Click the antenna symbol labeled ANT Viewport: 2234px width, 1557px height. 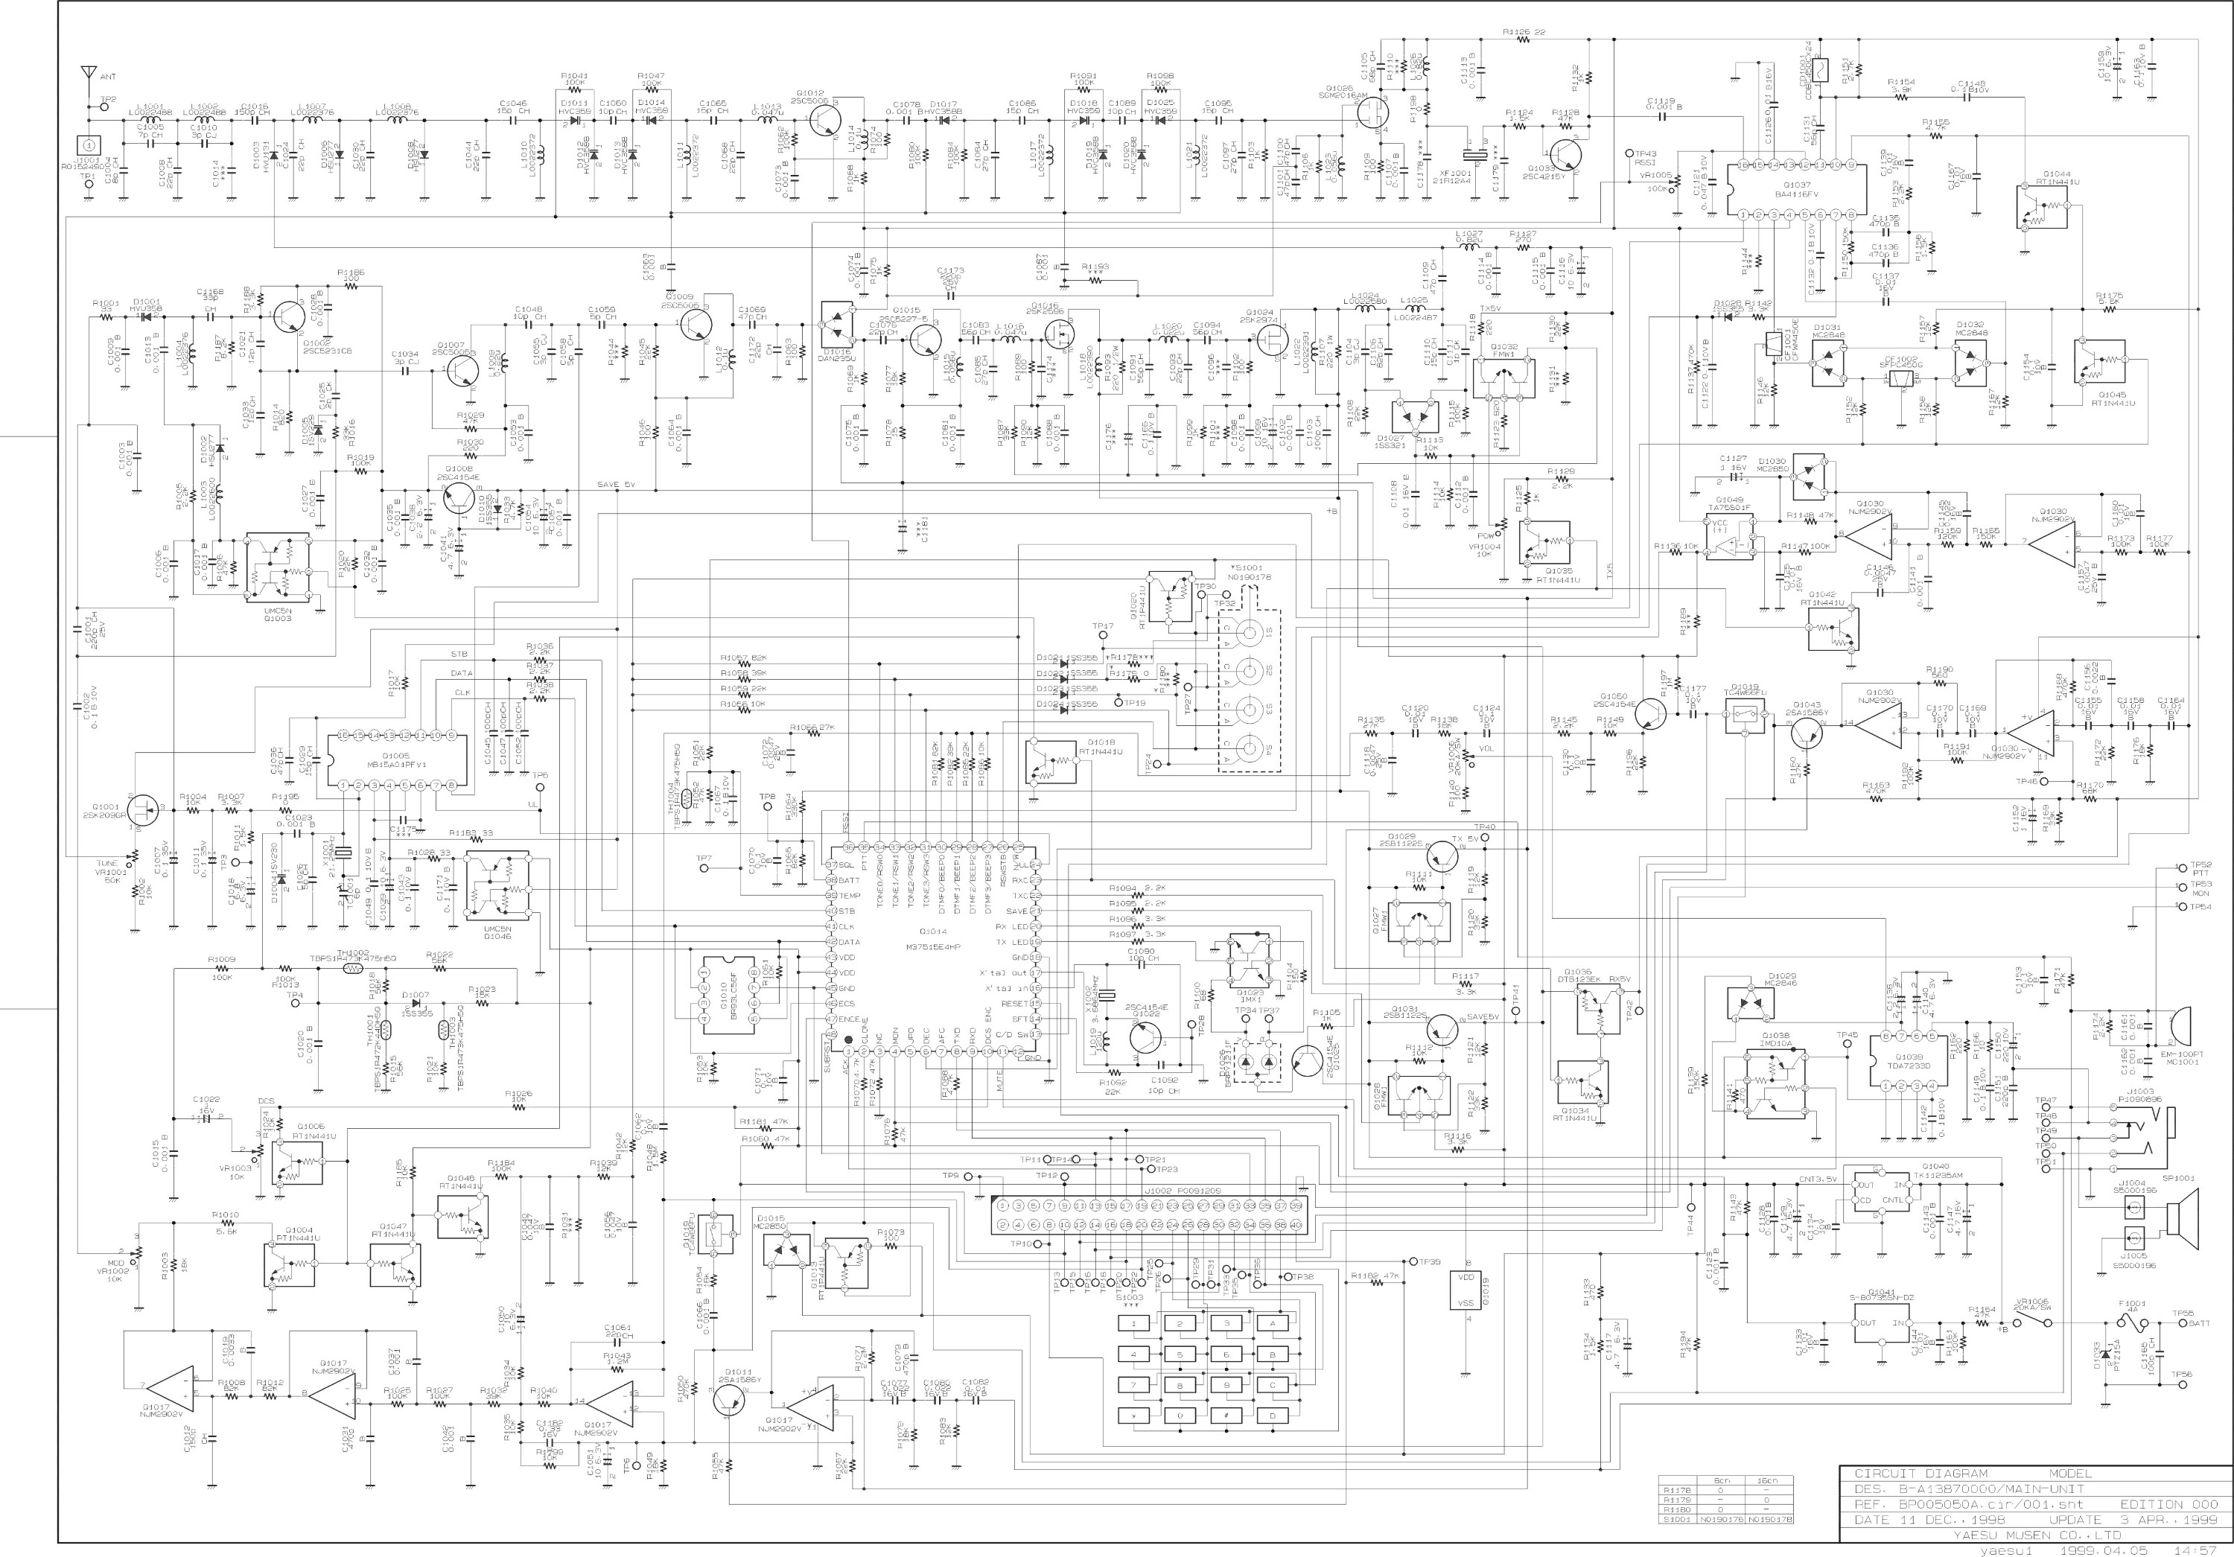(x=89, y=74)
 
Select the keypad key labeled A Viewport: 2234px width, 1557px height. (x=1272, y=1323)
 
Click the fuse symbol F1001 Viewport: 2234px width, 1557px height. (x=2127, y=1322)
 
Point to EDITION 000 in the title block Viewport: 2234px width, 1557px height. (x=2168, y=1503)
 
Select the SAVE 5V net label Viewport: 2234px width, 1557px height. (x=615, y=485)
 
